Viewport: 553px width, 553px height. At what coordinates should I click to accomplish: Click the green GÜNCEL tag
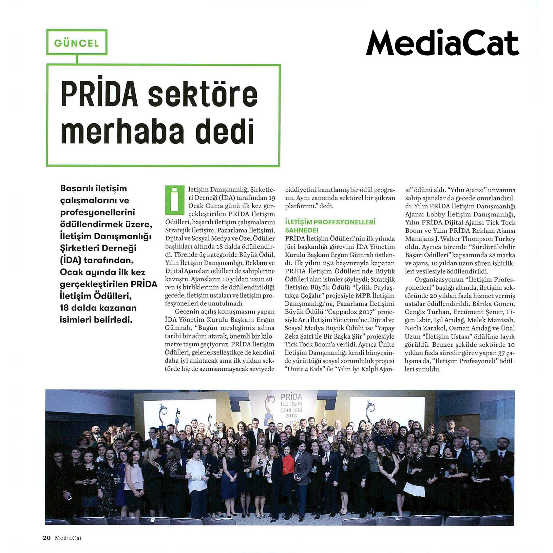[x=77, y=43]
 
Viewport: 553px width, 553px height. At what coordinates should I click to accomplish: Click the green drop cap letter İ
[x=174, y=200]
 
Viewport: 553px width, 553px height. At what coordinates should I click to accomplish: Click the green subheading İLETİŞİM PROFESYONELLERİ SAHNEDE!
[x=330, y=226]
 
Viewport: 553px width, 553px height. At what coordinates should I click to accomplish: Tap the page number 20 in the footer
[x=46, y=538]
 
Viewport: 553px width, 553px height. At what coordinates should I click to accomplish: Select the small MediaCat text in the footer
[x=68, y=538]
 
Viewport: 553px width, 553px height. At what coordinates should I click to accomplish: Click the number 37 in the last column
[x=502, y=353]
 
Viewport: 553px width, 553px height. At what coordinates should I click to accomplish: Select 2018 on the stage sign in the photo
[x=291, y=415]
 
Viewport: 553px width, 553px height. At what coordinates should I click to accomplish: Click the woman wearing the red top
[x=288, y=465]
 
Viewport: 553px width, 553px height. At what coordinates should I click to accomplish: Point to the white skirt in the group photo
[x=414, y=489]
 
